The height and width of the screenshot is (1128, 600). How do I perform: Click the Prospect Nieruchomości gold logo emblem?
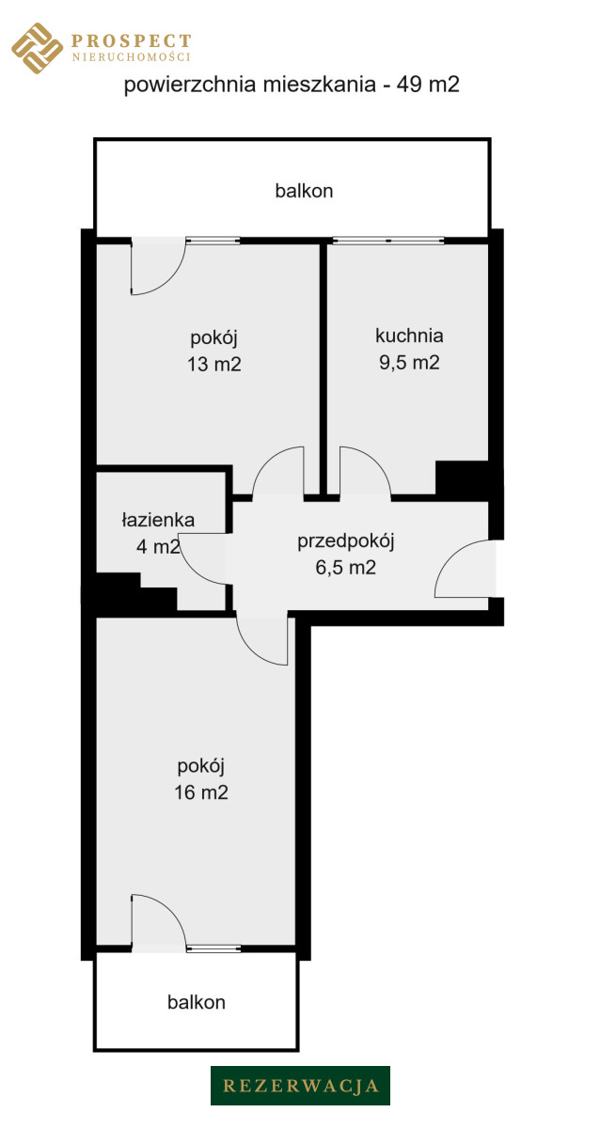click(37, 48)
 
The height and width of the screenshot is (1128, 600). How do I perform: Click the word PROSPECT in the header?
click(132, 40)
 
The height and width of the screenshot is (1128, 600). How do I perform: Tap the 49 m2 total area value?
click(428, 84)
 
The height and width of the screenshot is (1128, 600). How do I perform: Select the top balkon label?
click(304, 191)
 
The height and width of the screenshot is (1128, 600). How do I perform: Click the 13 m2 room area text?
click(214, 364)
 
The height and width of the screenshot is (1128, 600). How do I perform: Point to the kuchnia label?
click(409, 336)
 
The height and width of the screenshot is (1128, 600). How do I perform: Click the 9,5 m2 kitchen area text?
click(409, 363)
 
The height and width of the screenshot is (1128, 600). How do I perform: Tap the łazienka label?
click(158, 520)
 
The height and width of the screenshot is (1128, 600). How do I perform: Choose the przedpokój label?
click(345, 541)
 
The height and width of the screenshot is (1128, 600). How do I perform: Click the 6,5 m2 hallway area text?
click(345, 568)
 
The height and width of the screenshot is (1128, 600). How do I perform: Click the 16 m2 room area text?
click(201, 792)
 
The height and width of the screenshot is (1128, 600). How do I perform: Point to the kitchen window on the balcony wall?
click(387, 241)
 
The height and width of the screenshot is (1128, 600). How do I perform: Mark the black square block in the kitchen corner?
click(462, 478)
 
